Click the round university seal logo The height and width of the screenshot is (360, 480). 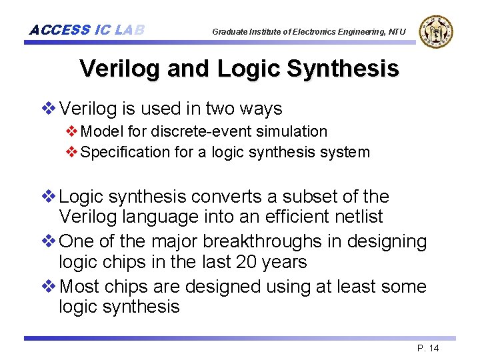pos(436,31)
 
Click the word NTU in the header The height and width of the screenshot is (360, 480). pos(397,32)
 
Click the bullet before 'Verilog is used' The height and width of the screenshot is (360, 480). pos(49,109)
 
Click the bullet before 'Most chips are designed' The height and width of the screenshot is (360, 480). pos(49,287)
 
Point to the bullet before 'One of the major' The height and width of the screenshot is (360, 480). pos(49,241)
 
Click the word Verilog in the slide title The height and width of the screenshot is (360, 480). pos(116,68)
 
